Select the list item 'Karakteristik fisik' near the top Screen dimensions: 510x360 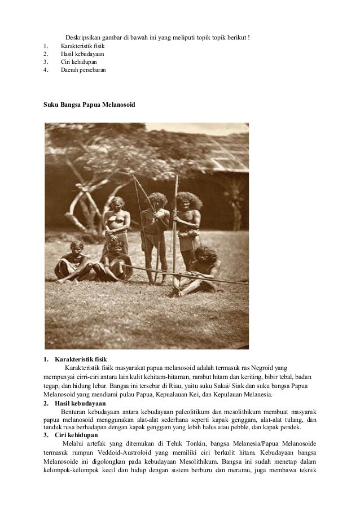[82, 46]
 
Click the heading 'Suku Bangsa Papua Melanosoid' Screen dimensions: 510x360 [89, 106]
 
